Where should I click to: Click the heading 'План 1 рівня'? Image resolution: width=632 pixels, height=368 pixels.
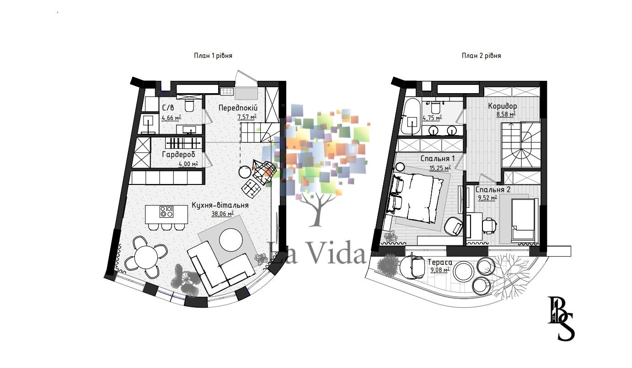(213, 56)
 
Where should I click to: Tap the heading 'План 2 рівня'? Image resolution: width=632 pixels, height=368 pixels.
(482, 56)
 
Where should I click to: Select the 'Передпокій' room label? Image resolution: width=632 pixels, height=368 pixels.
(238, 108)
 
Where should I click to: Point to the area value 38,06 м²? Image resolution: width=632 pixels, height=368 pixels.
(223, 214)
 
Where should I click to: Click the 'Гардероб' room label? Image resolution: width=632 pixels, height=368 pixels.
(179, 154)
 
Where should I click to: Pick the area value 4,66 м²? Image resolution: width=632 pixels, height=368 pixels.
(171, 118)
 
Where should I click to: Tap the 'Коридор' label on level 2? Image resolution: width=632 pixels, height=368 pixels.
(503, 106)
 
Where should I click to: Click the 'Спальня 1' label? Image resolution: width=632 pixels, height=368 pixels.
(438, 158)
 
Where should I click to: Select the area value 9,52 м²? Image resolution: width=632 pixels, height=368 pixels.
(487, 198)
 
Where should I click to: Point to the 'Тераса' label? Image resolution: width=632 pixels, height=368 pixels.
(440, 263)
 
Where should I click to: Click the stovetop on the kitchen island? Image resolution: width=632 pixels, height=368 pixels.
(166, 212)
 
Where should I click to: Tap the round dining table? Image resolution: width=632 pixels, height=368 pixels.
(146, 257)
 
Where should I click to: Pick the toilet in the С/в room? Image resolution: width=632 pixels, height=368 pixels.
(189, 105)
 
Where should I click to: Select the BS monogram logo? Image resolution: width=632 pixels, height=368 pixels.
(561, 318)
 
